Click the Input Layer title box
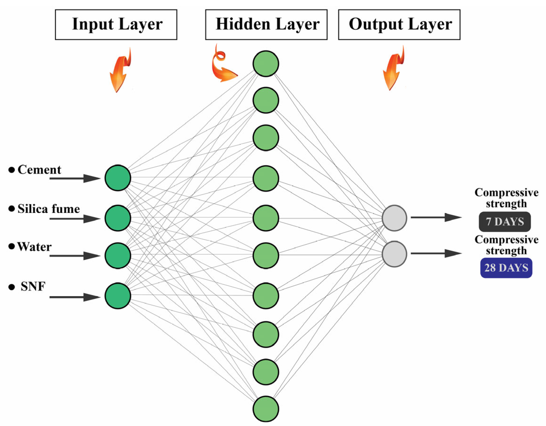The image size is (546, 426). (116, 25)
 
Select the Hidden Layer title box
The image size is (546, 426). (266, 25)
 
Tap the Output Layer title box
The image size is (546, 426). (399, 25)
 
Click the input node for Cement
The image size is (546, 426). (118, 178)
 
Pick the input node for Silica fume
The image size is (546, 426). (118, 218)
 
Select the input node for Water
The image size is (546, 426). (118, 256)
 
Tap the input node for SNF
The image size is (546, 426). (118, 296)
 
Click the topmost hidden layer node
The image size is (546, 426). (266, 63)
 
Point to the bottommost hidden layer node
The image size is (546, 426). (266, 409)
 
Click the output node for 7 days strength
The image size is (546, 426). (394, 218)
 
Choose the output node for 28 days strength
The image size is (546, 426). (394, 254)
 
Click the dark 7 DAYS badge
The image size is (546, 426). (505, 222)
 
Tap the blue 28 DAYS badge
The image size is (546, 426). (506, 268)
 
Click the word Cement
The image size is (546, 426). (39, 170)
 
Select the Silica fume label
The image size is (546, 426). (48, 209)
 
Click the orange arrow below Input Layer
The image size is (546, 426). (119, 71)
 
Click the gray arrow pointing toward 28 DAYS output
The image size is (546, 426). (436, 253)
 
